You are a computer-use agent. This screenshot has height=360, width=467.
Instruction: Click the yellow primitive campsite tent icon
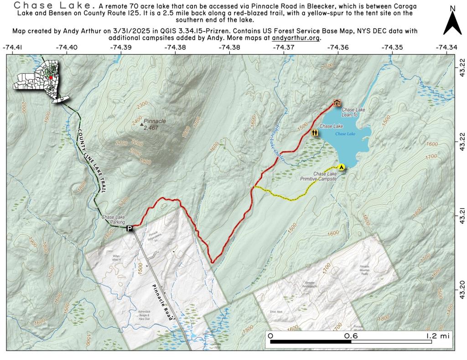341,167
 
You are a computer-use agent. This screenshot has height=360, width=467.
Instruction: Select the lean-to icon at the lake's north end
337,103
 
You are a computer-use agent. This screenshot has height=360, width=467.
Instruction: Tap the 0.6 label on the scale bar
351,336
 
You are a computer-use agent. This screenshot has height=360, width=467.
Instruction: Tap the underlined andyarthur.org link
296,38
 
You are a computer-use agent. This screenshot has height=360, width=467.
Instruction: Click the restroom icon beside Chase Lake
315,133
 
